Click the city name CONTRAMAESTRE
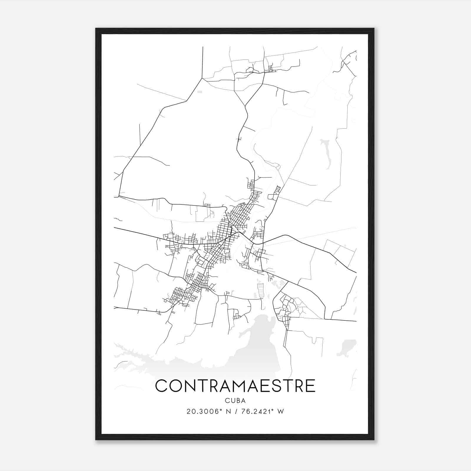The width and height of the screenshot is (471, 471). tap(235, 386)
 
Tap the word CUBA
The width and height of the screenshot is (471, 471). tap(235, 401)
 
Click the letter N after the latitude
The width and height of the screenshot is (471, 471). tap(228, 412)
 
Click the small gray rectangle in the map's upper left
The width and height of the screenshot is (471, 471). tap(200, 92)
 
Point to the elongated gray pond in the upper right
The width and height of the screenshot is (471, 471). tap(326, 153)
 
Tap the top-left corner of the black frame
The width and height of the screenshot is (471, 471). tap(96, 29)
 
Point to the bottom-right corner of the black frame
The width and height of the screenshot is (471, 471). tap(374, 439)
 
